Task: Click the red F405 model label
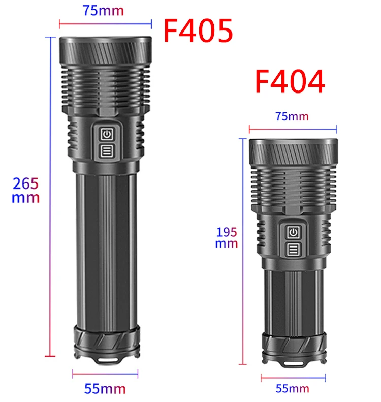click(198, 30)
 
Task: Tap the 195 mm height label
click(227, 237)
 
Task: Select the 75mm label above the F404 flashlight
click(292, 116)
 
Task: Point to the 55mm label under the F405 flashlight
click(105, 389)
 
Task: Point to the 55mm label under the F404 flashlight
click(292, 389)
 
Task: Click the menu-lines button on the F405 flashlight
click(106, 150)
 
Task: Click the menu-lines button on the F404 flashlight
click(292, 249)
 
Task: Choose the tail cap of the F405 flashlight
click(105, 341)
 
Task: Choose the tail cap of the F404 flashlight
click(292, 348)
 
